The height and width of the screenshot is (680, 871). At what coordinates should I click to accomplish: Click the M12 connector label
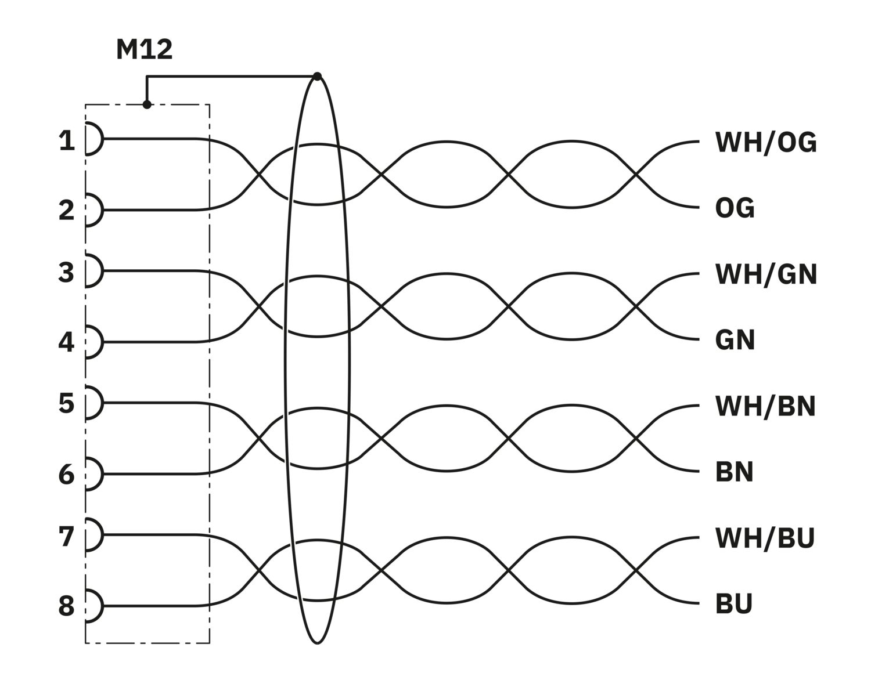click(145, 50)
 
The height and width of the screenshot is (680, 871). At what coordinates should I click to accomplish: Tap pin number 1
click(67, 141)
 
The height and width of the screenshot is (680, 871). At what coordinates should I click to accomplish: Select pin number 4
click(67, 342)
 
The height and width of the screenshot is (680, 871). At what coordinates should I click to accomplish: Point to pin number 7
click(67, 537)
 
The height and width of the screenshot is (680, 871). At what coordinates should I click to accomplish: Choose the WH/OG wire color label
click(765, 143)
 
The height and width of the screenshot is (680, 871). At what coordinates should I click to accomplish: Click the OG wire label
click(735, 208)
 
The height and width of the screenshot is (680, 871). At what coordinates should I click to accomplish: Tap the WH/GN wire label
click(766, 274)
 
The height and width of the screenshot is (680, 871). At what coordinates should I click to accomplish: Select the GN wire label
click(735, 340)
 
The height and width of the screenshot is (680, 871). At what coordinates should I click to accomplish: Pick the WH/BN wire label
click(765, 407)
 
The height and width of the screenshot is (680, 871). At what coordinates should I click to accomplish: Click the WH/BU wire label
click(765, 538)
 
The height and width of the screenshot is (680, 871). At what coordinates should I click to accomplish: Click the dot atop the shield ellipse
click(318, 76)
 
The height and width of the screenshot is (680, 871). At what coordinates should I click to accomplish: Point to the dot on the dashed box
click(147, 105)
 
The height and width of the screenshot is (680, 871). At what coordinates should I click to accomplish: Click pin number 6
click(67, 475)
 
